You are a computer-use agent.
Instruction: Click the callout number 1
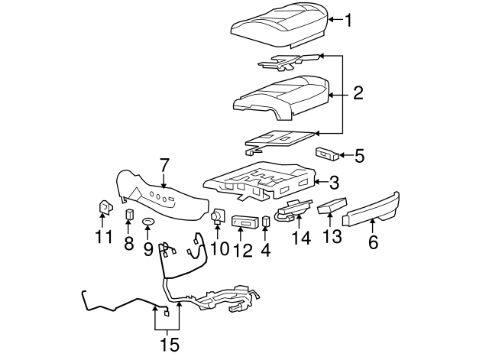348,21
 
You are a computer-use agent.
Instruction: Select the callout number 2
358,94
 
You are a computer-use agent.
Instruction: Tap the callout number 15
170,345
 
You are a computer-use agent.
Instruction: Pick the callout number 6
373,242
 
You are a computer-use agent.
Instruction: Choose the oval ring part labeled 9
148,222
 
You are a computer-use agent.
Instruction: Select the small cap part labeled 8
128,213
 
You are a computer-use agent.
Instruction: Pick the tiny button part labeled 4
266,222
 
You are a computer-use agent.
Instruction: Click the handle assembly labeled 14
291,209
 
